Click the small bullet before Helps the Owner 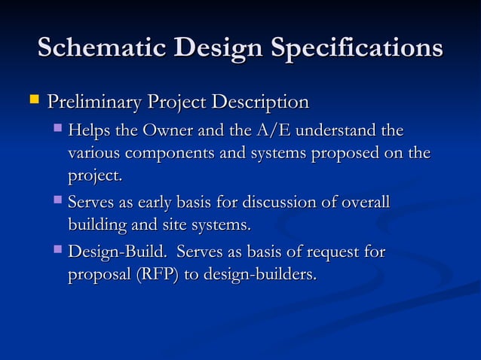(59, 130)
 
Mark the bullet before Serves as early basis (59, 201)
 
